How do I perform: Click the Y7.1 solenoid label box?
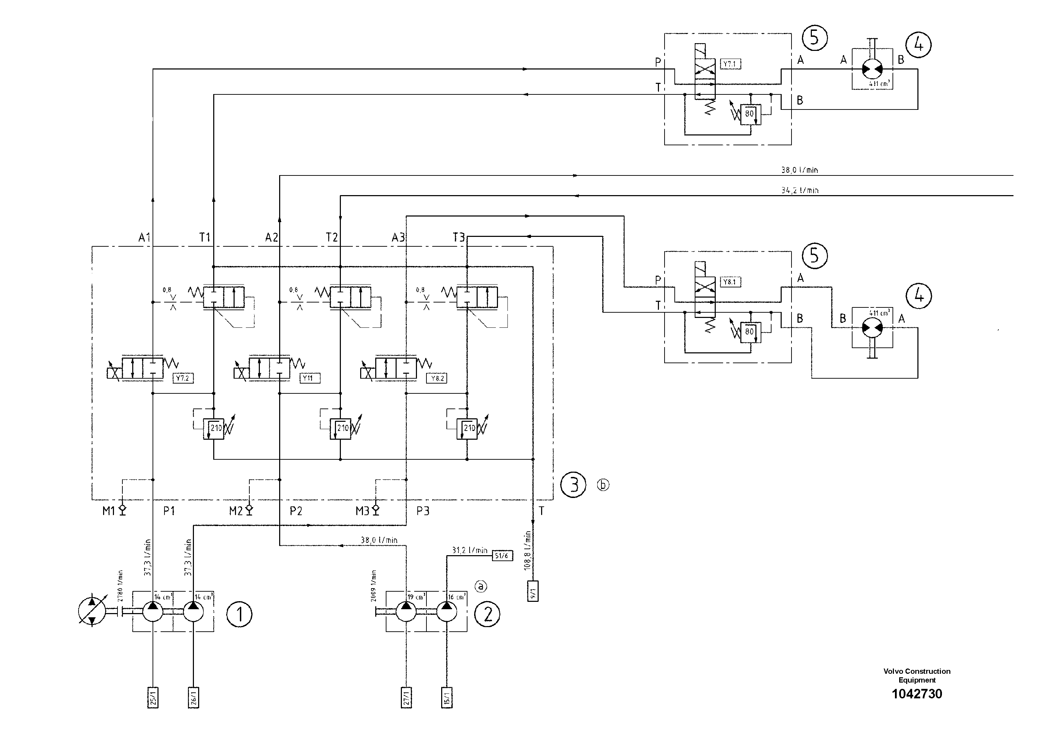click(730, 64)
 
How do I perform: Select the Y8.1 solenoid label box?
click(730, 282)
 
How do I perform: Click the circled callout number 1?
click(239, 615)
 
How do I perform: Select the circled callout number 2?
click(487, 615)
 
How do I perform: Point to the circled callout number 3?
click(573, 485)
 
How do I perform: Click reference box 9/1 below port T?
click(532, 592)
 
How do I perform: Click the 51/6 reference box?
click(502, 556)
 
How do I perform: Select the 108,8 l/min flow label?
click(527, 551)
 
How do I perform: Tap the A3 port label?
click(398, 238)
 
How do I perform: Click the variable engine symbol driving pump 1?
click(92, 610)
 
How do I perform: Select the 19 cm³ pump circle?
click(406, 612)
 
